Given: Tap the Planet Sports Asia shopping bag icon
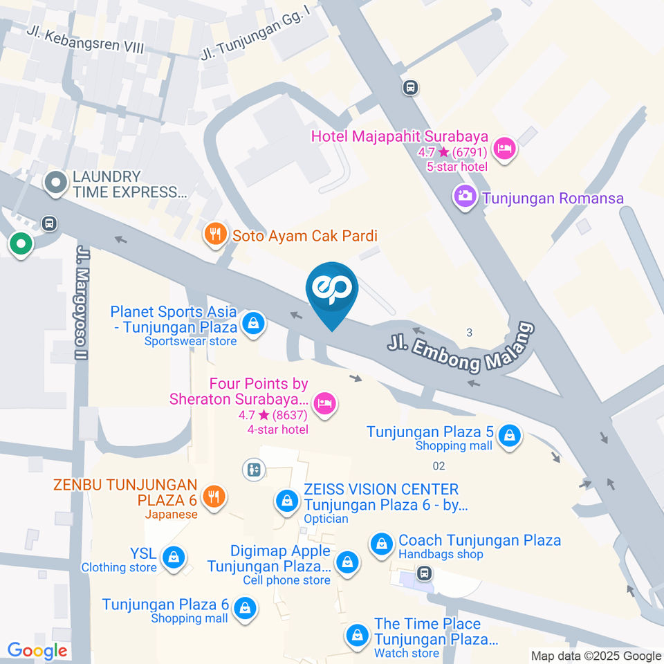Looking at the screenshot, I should click(254, 323).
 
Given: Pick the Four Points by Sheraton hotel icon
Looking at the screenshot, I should click(324, 404).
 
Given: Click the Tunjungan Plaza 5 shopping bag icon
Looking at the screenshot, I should click(509, 437).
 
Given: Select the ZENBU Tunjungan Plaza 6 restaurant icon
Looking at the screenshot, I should click(214, 497).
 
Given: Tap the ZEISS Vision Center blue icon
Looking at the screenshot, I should click(286, 501).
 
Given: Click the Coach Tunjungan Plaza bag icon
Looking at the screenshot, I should click(381, 544).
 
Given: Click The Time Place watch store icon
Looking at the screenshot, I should click(358, 634).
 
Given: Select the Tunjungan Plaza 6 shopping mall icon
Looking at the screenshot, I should click(243, 609).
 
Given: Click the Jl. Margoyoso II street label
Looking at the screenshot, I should click(84, 303).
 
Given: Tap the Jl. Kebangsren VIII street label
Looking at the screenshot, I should click(95, 41).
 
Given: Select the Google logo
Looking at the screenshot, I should click(37, 650).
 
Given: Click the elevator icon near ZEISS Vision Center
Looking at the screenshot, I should click(254, 470).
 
